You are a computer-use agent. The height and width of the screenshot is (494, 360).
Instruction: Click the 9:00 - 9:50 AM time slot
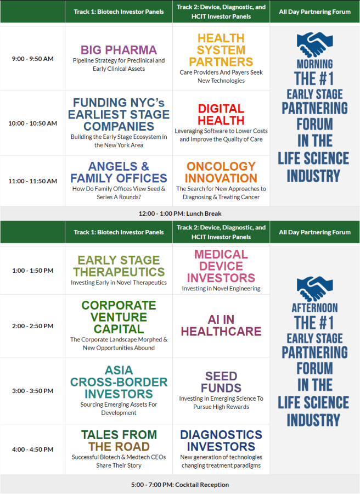(x=33, y=59)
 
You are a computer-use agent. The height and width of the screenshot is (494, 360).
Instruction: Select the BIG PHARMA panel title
(x=119, y=50)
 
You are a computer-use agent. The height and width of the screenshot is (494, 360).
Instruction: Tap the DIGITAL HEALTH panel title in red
(x=221, y=114)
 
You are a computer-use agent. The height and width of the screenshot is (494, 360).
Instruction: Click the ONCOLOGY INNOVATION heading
(x=221, y=172)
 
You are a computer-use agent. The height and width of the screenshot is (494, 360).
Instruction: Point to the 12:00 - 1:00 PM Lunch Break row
(x=180, y=214)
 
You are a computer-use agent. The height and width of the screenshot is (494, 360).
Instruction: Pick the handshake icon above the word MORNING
(x=314, y=44)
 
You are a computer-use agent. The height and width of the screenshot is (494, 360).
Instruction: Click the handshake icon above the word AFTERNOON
(x=314, y=289)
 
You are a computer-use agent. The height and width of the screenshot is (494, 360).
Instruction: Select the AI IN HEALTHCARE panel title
(x=221, y=325)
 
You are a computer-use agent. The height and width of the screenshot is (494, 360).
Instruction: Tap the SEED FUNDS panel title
(x=221, y=382)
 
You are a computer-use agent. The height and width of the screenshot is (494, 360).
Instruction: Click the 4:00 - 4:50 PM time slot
(x=33, y=449)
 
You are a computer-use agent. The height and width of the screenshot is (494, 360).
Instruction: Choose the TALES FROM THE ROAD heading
(x=119, y=440)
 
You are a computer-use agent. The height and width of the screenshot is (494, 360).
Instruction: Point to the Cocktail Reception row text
(x=180, y=485)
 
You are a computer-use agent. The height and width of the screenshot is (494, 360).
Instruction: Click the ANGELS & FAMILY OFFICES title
(x=119, y=172)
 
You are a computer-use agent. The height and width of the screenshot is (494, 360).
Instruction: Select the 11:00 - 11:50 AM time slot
(x=33, y=181)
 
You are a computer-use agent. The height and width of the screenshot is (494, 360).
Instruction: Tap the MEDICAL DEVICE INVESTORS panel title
(x=221, y=266)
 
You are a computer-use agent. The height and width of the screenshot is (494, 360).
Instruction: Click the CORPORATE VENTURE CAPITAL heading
(x=119, y=317)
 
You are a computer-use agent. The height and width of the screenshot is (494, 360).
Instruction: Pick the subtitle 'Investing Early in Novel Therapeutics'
(x=119, y=283)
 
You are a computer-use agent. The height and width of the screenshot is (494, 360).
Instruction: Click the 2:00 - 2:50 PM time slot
(x=33, y=325)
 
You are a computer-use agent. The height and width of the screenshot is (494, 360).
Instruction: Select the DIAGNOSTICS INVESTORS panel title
(x=221, y=440)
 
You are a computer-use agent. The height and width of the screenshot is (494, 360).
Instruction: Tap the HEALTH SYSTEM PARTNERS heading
(x=221, y=50)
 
